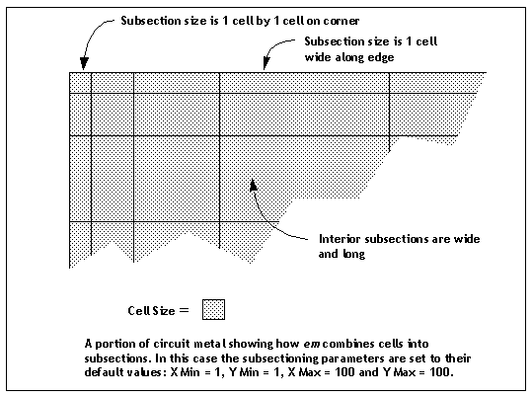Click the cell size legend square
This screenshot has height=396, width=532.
(x=213, y=309)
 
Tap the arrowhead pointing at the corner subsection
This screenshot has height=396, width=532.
(x=84, y=64)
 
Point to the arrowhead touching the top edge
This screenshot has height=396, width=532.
(x=266, y=63)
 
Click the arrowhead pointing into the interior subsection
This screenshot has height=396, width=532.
(x=253, y=186)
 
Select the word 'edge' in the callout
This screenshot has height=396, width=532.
(x=382, y=57)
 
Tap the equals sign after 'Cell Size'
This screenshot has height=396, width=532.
(x=184, y=309)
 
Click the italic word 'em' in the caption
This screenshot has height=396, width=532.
(x=312, y=344)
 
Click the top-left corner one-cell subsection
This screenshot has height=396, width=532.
(x=80, y=82)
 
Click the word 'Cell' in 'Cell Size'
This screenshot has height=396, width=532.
(x=138, y=310)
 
